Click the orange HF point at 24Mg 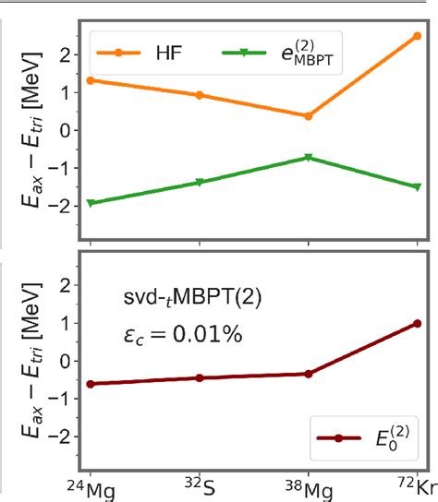point(90,80)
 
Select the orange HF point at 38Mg point(309,115)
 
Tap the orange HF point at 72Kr point(418,35)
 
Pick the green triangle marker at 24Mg point(90,203)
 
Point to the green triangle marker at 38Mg point(309,158)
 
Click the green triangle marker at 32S point(200,183)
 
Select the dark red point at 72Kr point(418,323)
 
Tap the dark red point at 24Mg point(90,384)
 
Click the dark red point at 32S point(200,377)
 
